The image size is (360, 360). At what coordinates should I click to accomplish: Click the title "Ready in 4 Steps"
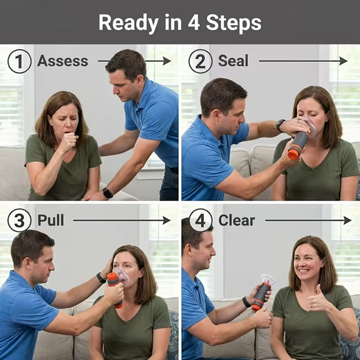click(179, 23)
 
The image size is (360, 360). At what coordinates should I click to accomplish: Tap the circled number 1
click(19, 61)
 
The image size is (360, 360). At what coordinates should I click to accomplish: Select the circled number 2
click(200, 61)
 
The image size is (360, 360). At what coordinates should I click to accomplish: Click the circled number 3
click(19, 220)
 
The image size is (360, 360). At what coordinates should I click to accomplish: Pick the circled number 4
click(200, 220)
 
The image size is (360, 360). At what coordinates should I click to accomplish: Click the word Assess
click(63, 61)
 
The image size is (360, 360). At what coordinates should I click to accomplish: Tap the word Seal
click(233, 61)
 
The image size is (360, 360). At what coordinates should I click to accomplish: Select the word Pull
click(51, 220)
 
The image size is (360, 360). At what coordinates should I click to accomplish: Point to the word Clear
click(237, 220)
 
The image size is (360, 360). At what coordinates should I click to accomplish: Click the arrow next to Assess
click(134, 61)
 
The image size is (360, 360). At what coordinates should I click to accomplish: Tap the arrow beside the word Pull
click(122, 220)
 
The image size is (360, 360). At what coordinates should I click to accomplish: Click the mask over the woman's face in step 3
click(122, 274)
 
